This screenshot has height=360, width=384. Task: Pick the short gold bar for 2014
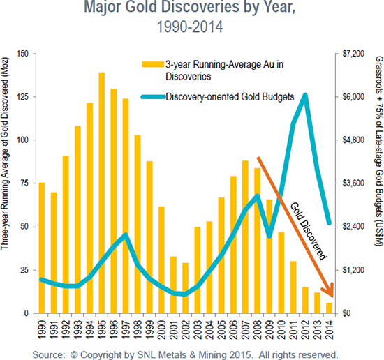pos(329,308)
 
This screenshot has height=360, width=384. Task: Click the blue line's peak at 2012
pos(305,95)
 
